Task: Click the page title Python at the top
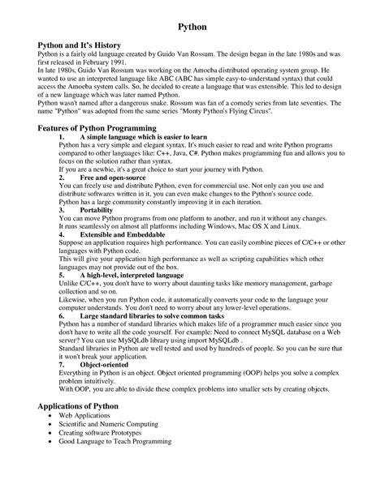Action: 192,28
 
